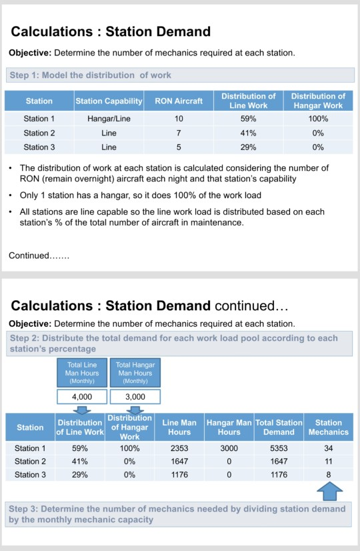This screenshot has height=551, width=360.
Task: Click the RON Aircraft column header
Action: click(179, 101)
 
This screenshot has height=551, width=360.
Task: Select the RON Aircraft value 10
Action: click(179, 119)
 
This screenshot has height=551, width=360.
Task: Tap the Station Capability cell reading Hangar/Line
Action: click(109, 119)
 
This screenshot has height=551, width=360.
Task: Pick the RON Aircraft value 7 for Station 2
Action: click(179, 133)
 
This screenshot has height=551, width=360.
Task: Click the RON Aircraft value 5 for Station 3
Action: click(179, 147)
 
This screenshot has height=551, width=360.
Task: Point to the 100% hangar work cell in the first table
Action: click(318, 119)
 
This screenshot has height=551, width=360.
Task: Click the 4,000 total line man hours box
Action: click(82, 396)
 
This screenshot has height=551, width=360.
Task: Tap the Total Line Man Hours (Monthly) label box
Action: click(82, 373)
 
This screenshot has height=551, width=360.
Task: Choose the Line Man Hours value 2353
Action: click(179, 448)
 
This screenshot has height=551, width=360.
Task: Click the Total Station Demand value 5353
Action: click(279, 448)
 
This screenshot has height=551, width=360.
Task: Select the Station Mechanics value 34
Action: click(328, 448)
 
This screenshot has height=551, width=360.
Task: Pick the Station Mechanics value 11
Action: click(328, 461)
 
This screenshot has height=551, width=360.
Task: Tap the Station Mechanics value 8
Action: click(328, 475)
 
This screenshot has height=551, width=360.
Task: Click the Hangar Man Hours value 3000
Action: click(229, 448)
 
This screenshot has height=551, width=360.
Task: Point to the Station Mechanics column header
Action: click(328, 427)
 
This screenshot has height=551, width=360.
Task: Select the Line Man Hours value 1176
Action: click(179, 475)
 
